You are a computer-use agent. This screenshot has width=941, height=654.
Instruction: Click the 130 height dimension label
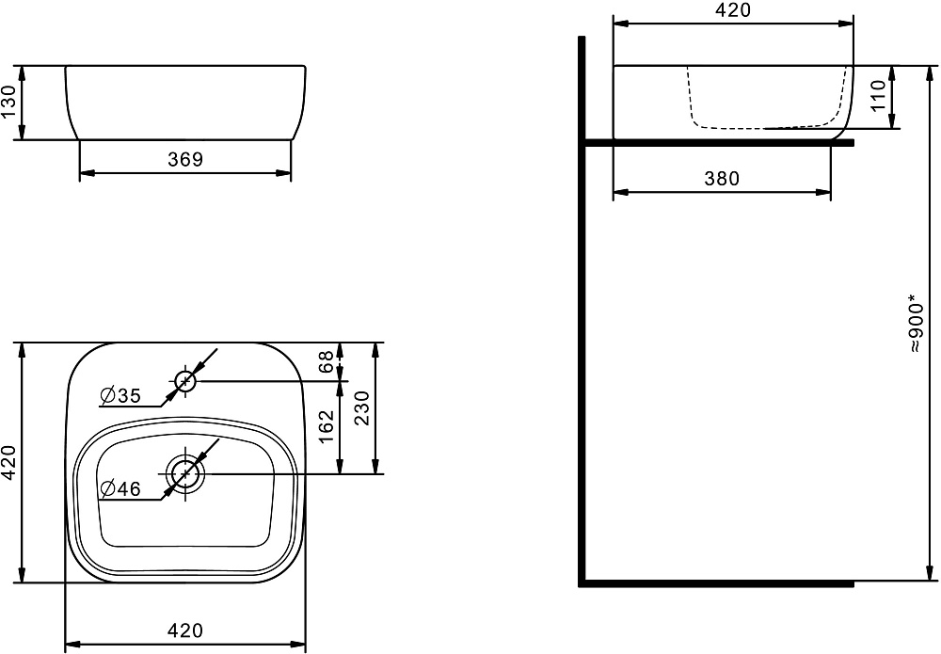pyautogui.click(x=9, y=103)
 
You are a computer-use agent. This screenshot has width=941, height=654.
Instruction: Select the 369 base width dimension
pyautogui.click(x=185, y=160)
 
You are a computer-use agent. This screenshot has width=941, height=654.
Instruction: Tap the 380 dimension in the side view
pyautogui.click(x=722, y=179)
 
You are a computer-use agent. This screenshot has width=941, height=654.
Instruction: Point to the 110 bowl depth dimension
pyautogui.click(x=878, y=95)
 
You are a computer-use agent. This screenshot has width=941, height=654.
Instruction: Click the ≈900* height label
pyautogui.click(x=915, y=323)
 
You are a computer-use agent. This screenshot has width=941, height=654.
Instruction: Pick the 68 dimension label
pyautogui.click(x=326, y=361)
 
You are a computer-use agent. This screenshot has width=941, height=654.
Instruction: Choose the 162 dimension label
pyautogui.click(x=326, y=426)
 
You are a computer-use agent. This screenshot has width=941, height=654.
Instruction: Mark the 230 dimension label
pyautogui.click(x=362, y=408)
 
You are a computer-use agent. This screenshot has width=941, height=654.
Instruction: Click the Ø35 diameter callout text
pyautogui.click(x=120, y=396)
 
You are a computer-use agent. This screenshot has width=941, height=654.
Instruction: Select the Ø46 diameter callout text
pyautogui.click(x=120, y=489)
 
